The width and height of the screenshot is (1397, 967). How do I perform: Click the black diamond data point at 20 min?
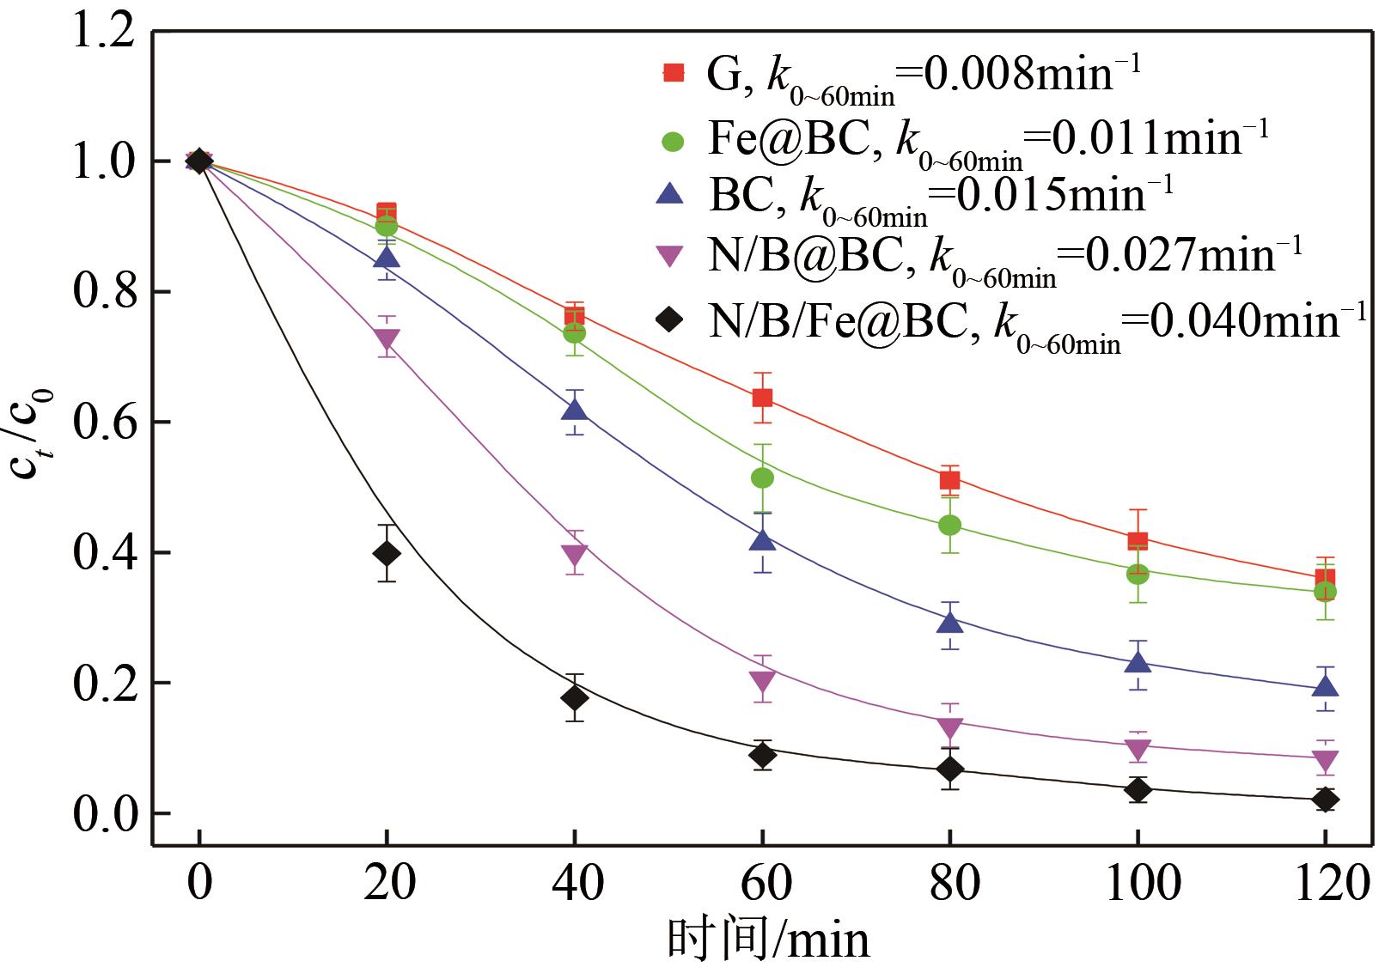point(387,553)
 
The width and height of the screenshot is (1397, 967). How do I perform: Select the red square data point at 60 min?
point(762,398)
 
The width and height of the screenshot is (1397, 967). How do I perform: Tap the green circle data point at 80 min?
point(949,525)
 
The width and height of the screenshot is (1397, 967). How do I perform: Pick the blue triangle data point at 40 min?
point(574,411)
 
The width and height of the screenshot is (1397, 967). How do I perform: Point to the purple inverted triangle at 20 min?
point(387,339)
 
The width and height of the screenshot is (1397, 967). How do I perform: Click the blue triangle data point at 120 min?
point(1325,686)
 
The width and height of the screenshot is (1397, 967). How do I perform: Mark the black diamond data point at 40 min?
point(574,698)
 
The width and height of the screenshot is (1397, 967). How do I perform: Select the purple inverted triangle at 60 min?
point(762,683)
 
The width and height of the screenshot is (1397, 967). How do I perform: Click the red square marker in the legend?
point(674,74)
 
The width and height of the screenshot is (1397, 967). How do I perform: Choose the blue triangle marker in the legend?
point(669,195)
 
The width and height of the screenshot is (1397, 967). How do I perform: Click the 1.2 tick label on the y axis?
point(103,33)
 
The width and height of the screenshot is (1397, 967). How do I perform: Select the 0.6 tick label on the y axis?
point(103,423)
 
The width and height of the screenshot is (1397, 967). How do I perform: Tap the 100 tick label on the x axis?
point(1137,884)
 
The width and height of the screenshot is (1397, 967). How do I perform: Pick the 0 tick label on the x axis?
point(199,884)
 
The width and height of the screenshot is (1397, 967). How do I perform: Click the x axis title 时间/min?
point(768,940)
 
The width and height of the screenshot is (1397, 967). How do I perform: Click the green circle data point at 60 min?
point(762,477)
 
